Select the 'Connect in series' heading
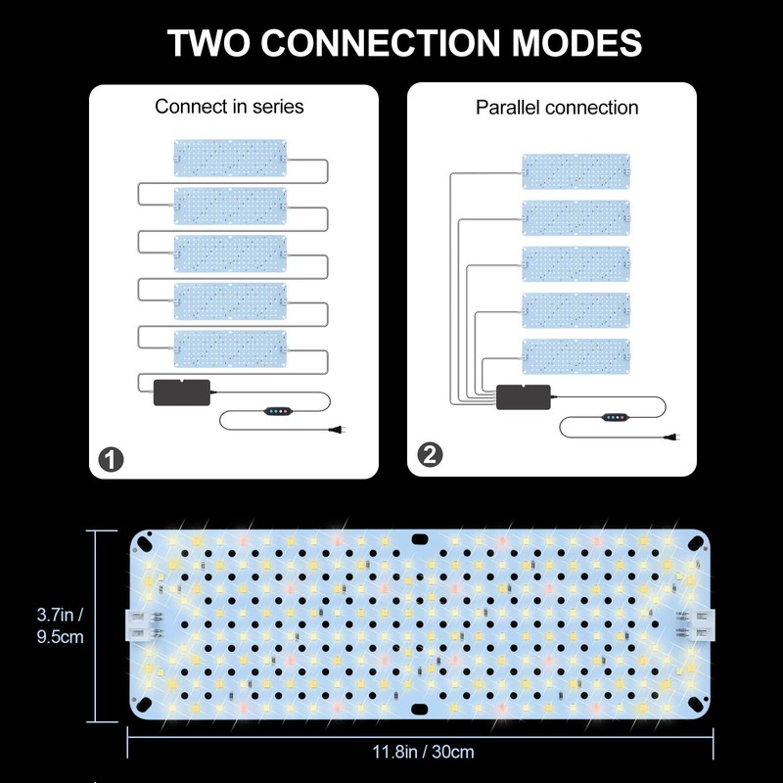coord(229,106)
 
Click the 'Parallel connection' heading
coord(557,108)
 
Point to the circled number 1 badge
coord(112,456)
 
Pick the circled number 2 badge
coord(430,455)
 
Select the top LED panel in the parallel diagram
coord(576,171)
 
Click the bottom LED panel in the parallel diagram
coord(576,355)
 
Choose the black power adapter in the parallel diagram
coord(524,397)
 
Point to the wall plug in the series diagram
coord(340,428)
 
